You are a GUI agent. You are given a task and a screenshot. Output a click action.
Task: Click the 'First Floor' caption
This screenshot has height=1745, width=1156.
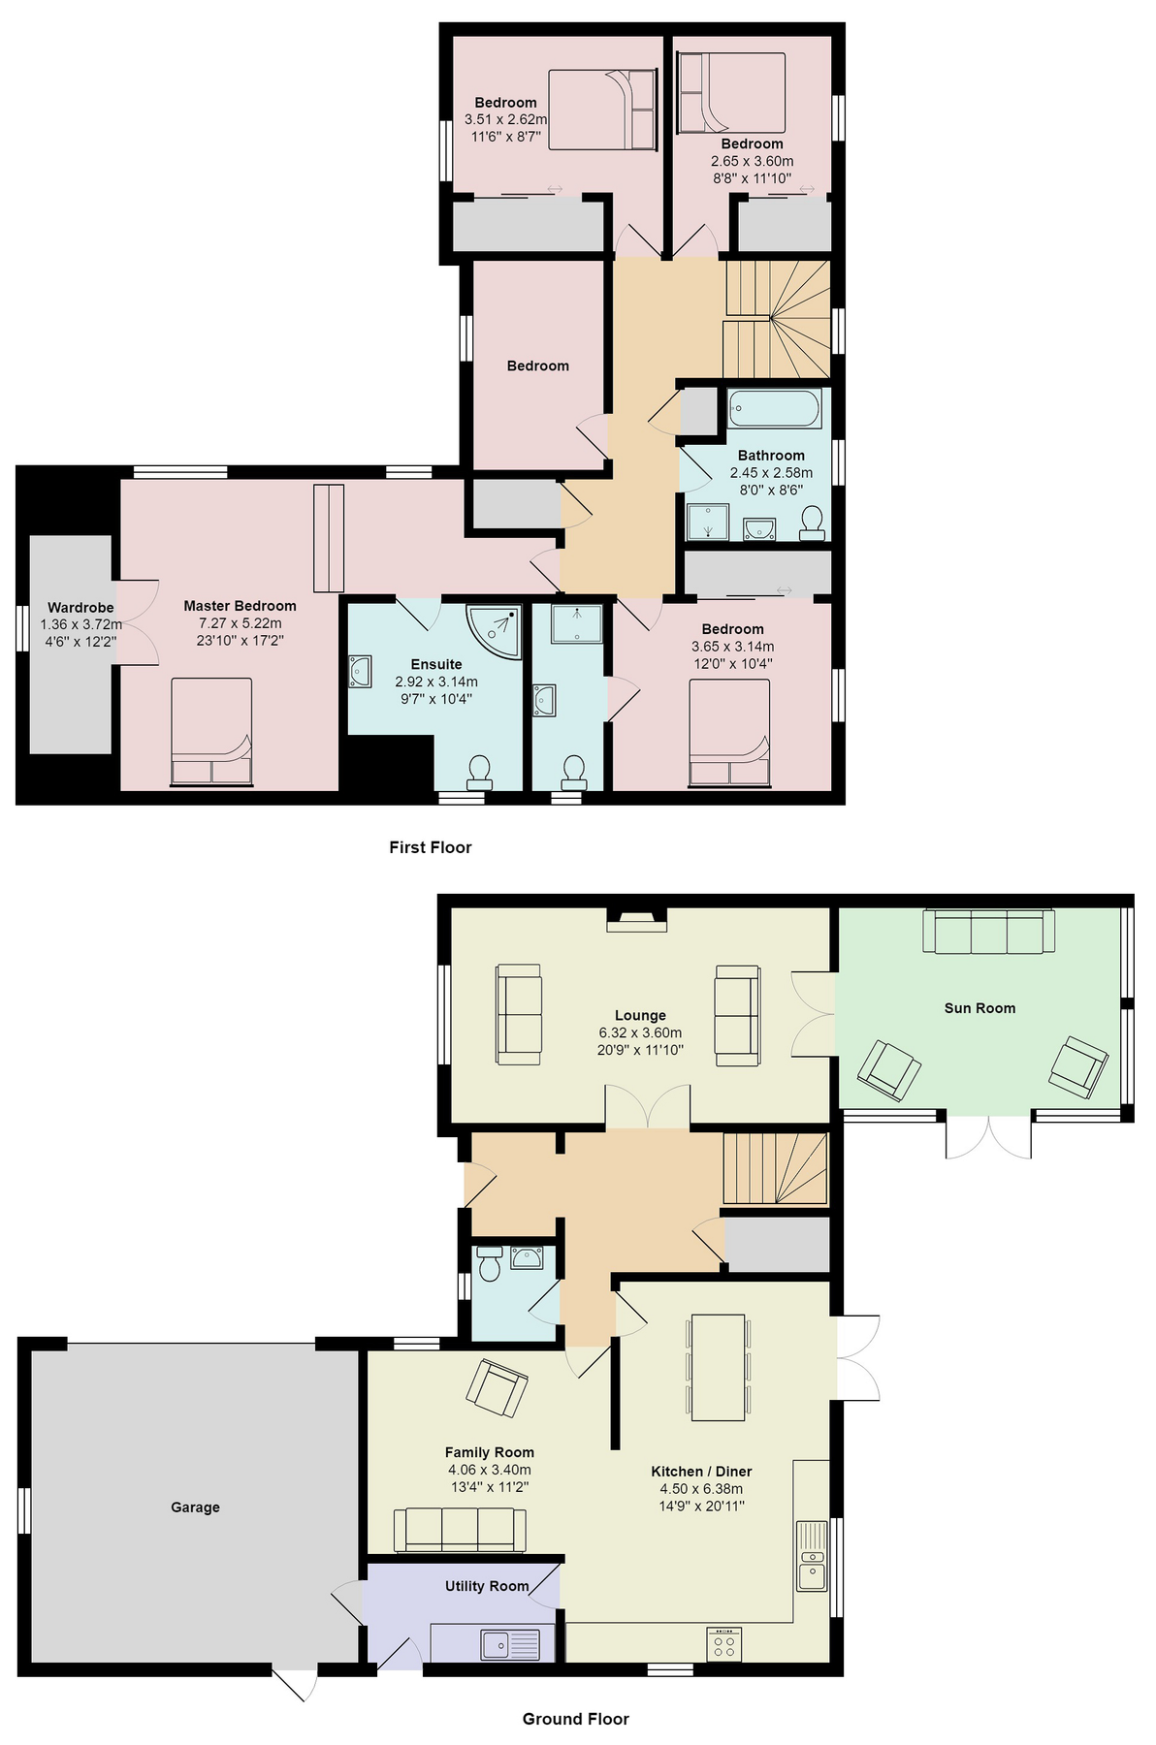(430, 847)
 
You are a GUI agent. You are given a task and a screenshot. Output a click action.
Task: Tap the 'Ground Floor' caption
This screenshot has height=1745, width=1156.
(576, 1719)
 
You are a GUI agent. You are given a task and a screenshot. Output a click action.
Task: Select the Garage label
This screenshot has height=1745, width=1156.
(195, 1507)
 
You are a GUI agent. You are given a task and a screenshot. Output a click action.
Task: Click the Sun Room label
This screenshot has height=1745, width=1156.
(979, 1008)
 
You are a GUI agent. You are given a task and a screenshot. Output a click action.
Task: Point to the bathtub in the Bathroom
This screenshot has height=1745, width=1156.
(775, 408)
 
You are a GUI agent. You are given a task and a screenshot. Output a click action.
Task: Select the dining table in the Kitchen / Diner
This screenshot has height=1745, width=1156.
(718, 1367)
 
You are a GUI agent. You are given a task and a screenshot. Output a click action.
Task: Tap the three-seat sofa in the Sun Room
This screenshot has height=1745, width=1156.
(989, 932)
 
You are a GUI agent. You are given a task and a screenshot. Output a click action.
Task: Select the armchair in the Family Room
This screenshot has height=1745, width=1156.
(497, 1388)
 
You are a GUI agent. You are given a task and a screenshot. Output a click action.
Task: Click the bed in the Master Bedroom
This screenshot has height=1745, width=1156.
(211, 731)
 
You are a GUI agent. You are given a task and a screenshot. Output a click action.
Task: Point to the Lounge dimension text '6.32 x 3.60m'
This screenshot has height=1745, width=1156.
(640, 1032)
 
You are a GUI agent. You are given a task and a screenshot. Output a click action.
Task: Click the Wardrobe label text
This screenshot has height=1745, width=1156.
(80, 608)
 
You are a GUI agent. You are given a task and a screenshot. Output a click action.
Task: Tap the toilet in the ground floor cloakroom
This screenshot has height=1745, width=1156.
(490, 1263)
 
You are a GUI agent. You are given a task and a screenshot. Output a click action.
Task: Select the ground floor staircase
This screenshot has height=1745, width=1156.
(775, 1168)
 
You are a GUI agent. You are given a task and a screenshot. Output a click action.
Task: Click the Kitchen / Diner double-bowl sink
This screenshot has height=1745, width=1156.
(812, 1556)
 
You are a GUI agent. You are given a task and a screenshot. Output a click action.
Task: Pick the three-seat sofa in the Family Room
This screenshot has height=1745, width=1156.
(460, 1531)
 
